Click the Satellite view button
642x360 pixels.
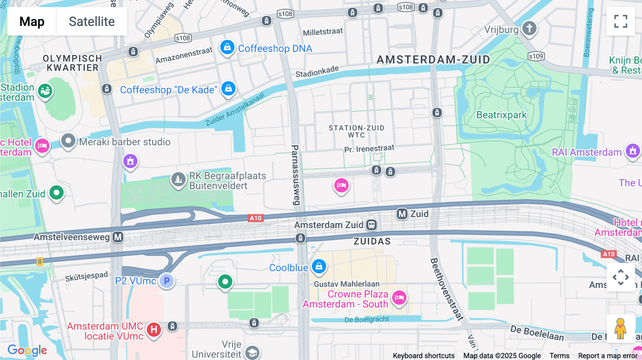tap(92, 21)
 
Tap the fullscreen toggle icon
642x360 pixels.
tap(621, 21)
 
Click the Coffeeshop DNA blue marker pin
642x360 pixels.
tap(227, 47)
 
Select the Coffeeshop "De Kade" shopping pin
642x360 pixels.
tap(228, 88)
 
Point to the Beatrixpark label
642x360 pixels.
tap(501, 115)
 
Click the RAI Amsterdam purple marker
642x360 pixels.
tap(633, 151)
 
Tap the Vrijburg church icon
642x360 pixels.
tap(529, 28)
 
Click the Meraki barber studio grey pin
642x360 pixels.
tap(68, 141)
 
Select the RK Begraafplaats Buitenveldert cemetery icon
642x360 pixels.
tap(178, 179)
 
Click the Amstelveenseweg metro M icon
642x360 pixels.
tap(118, 237)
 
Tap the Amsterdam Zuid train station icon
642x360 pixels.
tap(371, 225)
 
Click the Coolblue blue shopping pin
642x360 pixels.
tap(319, 266)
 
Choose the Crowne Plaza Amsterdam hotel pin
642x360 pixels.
tap(399, 297)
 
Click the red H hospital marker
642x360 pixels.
tap(154, 329)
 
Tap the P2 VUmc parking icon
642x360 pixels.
tap(167, 281)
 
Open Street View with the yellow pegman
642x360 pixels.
tap(620, 328)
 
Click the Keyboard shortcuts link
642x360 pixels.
tap(423, 355)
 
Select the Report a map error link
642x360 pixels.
tap(607, 355)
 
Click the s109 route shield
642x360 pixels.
tap(536, 56)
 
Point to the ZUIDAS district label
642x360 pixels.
tap(372, 241)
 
